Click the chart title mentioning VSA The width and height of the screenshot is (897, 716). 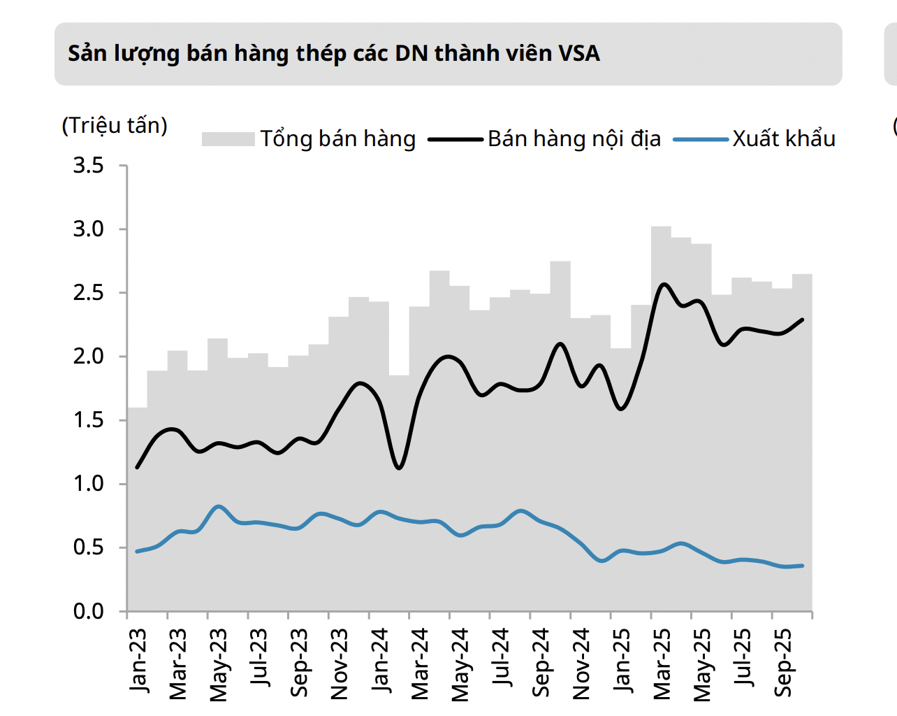point(334,54)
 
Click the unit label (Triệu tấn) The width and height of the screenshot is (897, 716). point(115,126)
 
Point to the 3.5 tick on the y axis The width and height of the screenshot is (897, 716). point(89,166)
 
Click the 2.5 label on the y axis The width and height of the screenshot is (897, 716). point(89,293)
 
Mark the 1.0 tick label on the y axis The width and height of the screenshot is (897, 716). point(89,484)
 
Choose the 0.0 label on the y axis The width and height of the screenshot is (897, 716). point(89,612)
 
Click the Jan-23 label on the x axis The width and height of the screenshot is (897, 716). point(138,660)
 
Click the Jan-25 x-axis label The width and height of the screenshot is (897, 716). point(622,660)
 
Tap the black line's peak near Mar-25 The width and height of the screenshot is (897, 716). point(664,284)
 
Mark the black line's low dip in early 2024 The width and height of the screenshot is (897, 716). point(399,468)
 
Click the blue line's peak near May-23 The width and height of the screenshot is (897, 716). point(219,506)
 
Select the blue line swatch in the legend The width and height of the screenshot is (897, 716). point(701,140)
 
